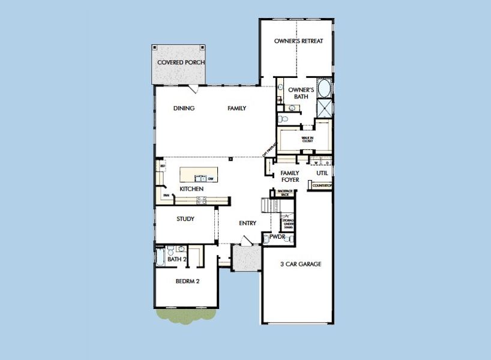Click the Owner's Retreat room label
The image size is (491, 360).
point(298,41)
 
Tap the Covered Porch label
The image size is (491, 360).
point(181,62)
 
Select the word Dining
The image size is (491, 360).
point(183,109)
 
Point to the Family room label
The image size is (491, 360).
point(236,109)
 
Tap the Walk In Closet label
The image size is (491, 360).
point(307,140)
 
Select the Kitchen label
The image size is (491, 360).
point(191,190)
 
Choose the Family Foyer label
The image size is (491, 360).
point(290,176)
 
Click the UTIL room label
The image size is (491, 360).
point(322,173)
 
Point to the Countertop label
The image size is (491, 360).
point(321,186)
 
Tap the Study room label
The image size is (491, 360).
point(185,219)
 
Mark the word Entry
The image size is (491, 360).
point(247,223)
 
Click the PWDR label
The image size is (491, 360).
point(277,238)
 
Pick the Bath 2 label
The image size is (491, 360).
point(177,259)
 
